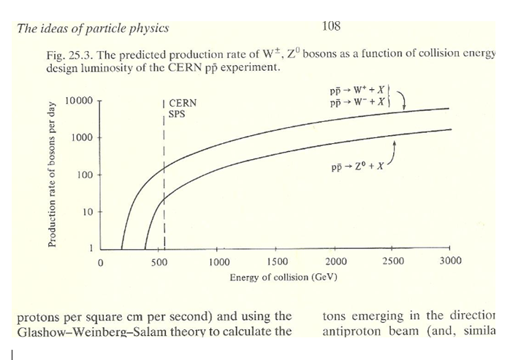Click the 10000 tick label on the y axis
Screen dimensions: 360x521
pyautogui.click(x=78, y=100)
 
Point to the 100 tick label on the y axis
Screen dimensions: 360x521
pyautogui.click(x=85, y=175)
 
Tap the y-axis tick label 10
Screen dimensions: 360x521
pyautogui.click(x=88, y=212)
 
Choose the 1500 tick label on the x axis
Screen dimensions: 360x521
pyautogui.click(x=277, y=261)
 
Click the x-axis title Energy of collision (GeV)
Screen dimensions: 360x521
pyautogui.click(x=283, y=277)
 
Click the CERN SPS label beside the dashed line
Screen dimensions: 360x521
pyautogui.click(x=182, y=109)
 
